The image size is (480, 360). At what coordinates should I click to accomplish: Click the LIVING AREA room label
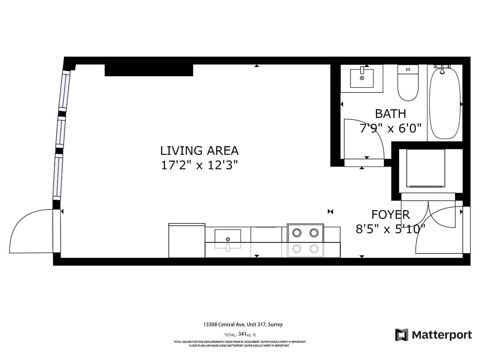point(199,151)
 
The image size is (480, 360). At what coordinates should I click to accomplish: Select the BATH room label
point(390,114)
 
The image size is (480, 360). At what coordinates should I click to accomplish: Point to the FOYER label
point(390,215)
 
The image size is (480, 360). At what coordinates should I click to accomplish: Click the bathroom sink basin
point(362,78)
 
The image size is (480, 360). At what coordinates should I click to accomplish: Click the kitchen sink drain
point(228,239)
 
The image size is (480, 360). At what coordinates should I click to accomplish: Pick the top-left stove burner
point(297,232)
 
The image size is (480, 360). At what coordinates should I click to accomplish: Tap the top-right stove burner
point(314,232)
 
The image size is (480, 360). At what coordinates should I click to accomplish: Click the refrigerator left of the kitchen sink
point(187,241)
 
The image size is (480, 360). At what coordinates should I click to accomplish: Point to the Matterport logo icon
point(401,335)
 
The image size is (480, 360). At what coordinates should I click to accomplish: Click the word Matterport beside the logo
point(442,335)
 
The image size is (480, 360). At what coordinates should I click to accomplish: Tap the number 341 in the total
point(242,334)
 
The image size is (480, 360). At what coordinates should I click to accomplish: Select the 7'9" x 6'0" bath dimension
point(390,128)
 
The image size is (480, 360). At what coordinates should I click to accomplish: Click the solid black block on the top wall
point(148,70)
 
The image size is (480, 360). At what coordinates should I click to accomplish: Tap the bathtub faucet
point(442,70)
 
